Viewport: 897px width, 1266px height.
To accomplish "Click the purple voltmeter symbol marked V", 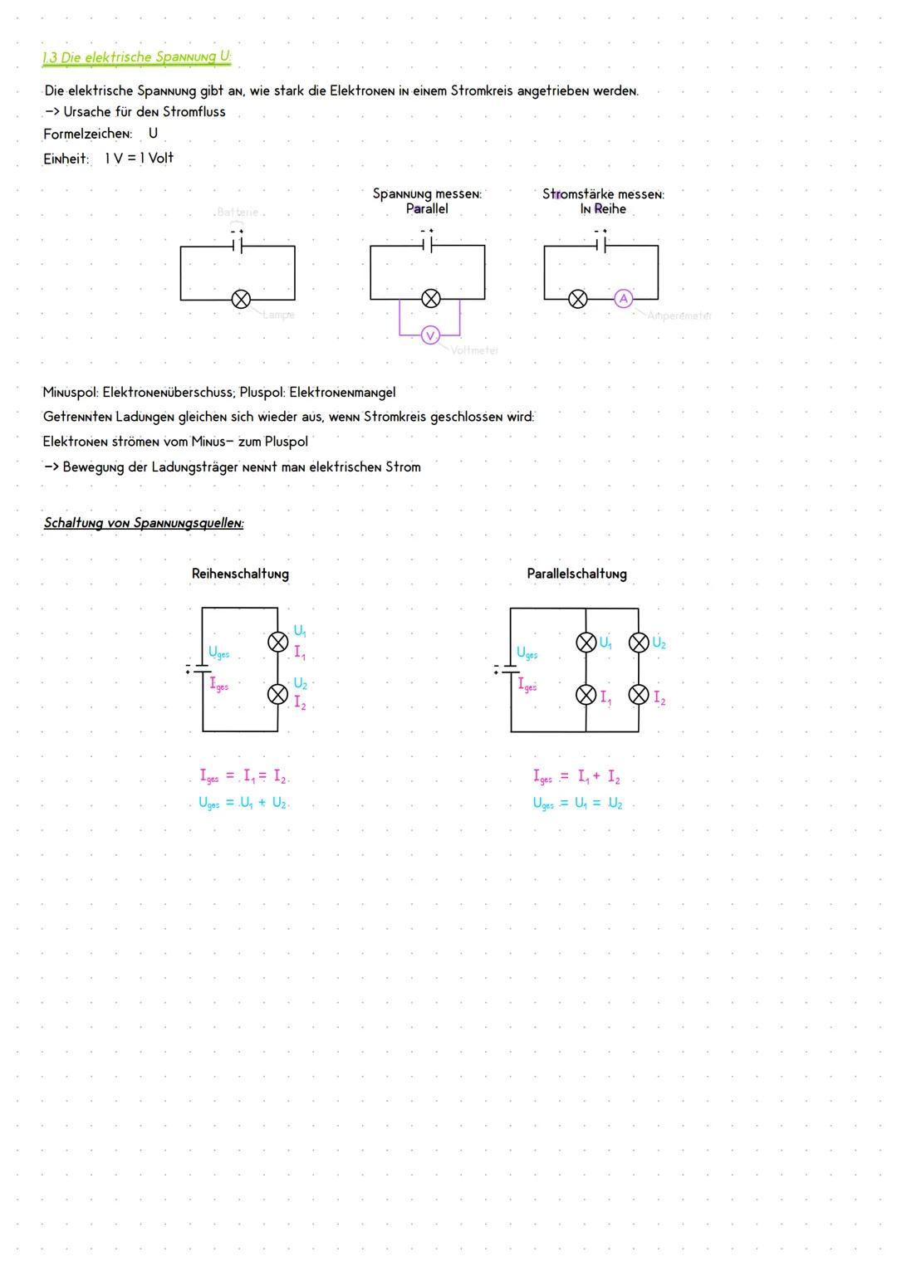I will click(x=429, y=335).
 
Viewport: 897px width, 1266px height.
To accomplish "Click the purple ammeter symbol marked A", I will click(x=623, y=299).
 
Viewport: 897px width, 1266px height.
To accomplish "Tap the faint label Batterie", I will click(x=238, y=213).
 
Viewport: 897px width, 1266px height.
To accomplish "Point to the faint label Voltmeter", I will click(x=474, y=350).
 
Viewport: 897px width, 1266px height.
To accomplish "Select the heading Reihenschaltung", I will click(x=240, y=574).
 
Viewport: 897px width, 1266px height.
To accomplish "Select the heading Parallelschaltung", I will click(x=576, y=574).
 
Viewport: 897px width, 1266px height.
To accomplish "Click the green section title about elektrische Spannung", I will click(x=137, y=57).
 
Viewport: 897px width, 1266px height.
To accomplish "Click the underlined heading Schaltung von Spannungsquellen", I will click(x=144, y=523).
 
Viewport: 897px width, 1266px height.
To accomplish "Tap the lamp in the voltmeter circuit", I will click(x=430, y=299).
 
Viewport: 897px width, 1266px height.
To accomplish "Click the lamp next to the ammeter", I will click(x=577, y=299).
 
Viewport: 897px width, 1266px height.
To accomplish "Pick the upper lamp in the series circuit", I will click(x=277, y=642).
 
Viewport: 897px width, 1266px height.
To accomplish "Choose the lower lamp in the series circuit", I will click(x=277, y=695).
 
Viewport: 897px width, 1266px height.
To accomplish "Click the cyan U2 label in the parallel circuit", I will click(x=659, y=643).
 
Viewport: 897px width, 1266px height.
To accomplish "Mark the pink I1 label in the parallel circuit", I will click(x=605, y=697).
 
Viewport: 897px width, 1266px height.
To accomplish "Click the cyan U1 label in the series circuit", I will click(x=300, y=632).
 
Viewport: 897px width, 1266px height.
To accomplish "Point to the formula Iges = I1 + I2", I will click(x=576, y=777).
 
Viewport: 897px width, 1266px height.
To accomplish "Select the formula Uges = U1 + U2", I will click(x=243, y=803).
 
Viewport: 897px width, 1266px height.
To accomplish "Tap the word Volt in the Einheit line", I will click(x=161, y=158).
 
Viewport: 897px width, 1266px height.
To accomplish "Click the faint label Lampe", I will click(x=278, y=315).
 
